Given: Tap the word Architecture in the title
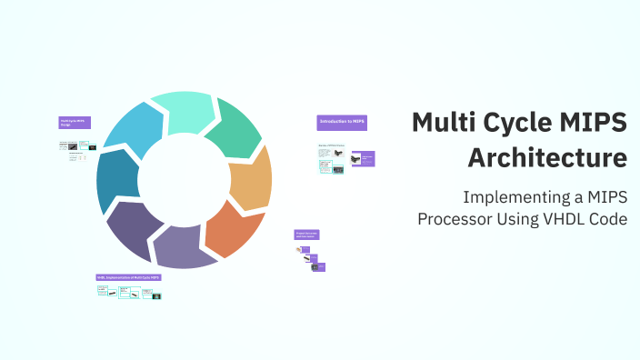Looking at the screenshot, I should pos(547,156).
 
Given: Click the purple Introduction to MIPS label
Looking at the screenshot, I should pos(342,122).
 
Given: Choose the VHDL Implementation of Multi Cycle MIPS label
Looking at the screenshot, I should pos(129,276).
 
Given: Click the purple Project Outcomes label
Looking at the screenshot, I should pos(306,235).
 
